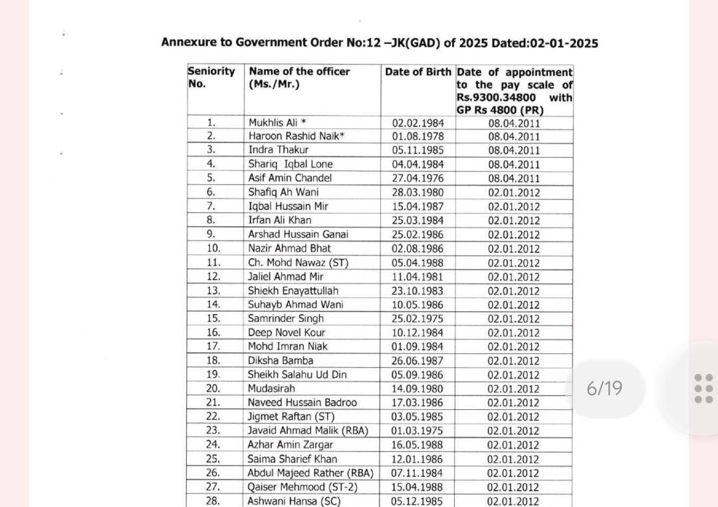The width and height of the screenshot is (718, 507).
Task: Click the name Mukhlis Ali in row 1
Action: click(273, 122)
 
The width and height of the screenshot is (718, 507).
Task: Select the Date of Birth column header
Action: click(418, 71)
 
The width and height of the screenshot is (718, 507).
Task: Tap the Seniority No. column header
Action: click(211, 77)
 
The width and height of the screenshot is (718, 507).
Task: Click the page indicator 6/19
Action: click(604, 389)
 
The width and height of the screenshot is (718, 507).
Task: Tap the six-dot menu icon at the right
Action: click(703, 389)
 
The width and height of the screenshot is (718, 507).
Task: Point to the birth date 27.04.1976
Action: click(418, 178)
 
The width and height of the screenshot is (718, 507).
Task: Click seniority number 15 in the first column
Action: click(213, 318)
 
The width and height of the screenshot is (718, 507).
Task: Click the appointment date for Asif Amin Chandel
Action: click(514, 178)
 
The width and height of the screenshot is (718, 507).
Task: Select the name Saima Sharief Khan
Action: click(293, 459)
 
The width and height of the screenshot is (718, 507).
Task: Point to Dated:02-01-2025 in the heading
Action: click(544, 43)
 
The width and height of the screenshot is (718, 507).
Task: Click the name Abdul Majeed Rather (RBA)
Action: click(310, 473)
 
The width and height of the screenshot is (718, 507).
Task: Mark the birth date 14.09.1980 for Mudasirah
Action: click(418, 389)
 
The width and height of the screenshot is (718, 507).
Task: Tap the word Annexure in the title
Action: click(189, 43)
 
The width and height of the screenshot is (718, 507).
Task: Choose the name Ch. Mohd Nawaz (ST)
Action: click(298, 263)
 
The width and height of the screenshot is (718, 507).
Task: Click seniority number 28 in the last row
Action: click(213, 501)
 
